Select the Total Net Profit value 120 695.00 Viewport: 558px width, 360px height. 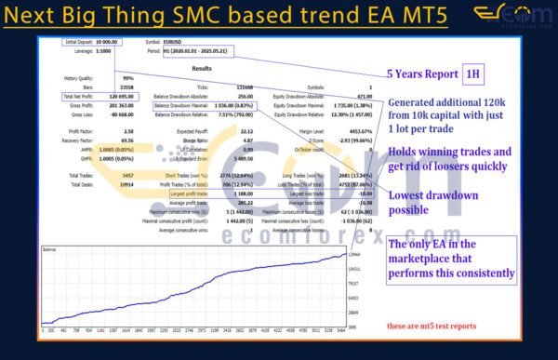point(111,96)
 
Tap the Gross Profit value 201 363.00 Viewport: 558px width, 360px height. point(111,105)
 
